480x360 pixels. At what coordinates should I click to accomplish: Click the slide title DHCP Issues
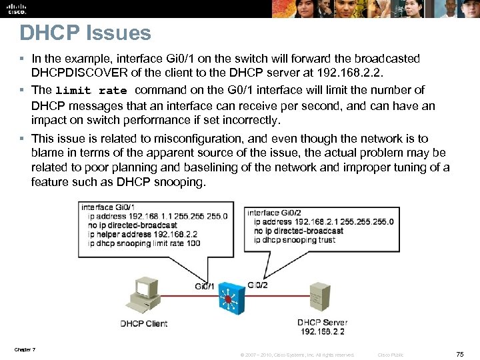85,33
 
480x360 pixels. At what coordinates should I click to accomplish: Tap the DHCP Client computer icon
144,294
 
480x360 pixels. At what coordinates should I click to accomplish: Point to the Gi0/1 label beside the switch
205,286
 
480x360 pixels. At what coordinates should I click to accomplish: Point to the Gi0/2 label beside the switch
257,285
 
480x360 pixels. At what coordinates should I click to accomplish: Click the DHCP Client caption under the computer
143,324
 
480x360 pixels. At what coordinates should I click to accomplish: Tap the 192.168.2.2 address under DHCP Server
323,331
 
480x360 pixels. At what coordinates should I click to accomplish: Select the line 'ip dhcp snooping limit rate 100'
141,243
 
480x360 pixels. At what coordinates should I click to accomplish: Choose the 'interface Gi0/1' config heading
108,207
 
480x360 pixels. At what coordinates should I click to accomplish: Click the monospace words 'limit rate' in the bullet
91,91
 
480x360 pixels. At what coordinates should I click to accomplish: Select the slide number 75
459,354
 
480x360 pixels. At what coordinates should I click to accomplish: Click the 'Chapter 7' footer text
24,350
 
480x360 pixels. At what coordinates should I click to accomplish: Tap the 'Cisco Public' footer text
391,355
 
